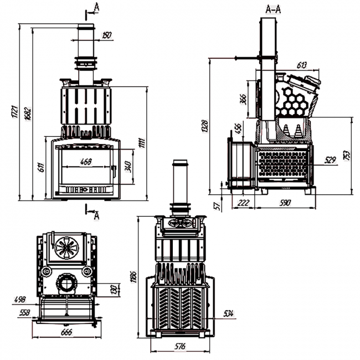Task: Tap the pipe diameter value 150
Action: [x=106, y=35]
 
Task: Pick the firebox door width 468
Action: [x=86, y=162]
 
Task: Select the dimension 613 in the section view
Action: [x=302, y=65]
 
